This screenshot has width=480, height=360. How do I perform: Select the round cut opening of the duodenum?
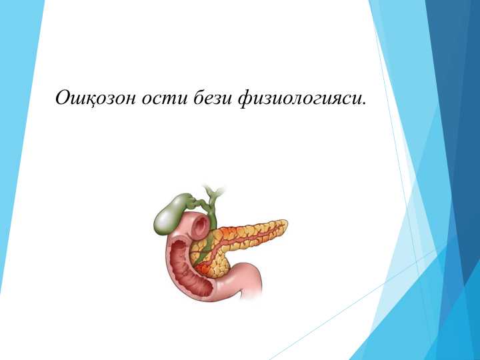point(199,227)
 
